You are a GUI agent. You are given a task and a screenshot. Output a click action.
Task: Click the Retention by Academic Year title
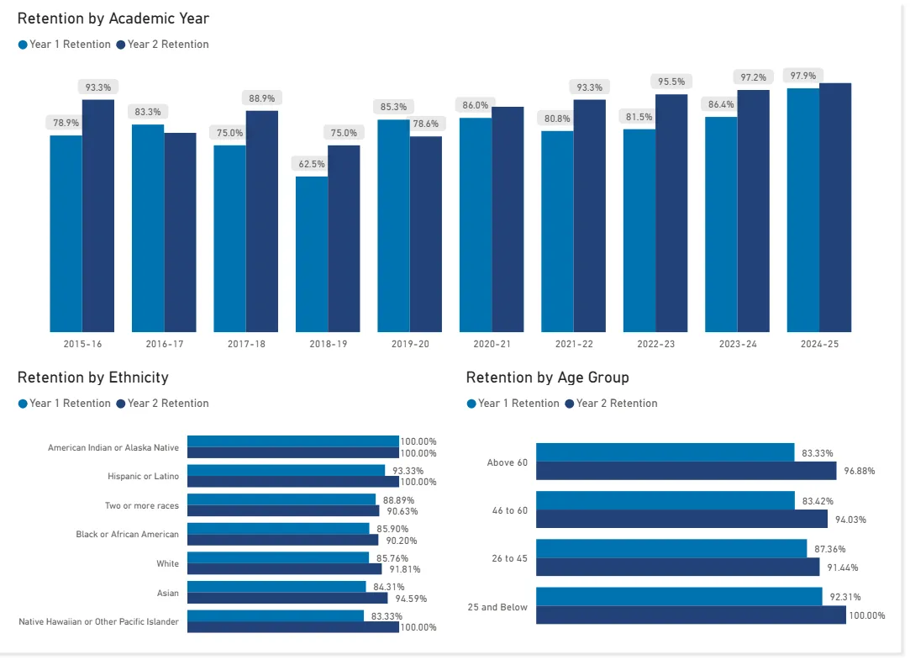click(113, 18)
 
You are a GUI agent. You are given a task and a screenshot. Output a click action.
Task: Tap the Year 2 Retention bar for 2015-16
click(98, 215)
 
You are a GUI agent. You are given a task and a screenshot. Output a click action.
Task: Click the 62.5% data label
click(312, 164)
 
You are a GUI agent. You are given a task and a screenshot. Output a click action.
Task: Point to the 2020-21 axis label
click(492, 344)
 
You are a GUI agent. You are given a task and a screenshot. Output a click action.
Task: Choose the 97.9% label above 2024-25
click(802, 76)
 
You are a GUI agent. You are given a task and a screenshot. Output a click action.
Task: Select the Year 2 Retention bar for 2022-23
click(671, 213)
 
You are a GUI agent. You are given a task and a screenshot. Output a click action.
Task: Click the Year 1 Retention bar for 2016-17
click(148, 228)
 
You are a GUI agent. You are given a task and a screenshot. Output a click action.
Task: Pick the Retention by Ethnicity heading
click(92, 378)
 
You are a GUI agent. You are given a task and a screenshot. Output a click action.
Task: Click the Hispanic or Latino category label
click(143, 477)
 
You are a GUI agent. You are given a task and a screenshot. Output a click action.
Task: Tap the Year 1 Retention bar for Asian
click(276, 587)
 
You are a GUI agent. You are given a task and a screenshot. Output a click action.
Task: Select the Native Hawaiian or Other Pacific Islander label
click(98, 622)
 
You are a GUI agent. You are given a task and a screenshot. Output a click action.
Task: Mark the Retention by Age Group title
click(547, 378)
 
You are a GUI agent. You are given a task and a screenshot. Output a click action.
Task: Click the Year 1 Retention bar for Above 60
click(665, 452)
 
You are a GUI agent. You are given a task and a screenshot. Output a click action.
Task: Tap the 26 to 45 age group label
click(509, 558)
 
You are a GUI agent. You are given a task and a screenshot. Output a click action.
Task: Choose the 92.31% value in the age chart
click(844, 598)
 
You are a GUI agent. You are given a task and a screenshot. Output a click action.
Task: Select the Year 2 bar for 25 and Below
click(691, 615)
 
